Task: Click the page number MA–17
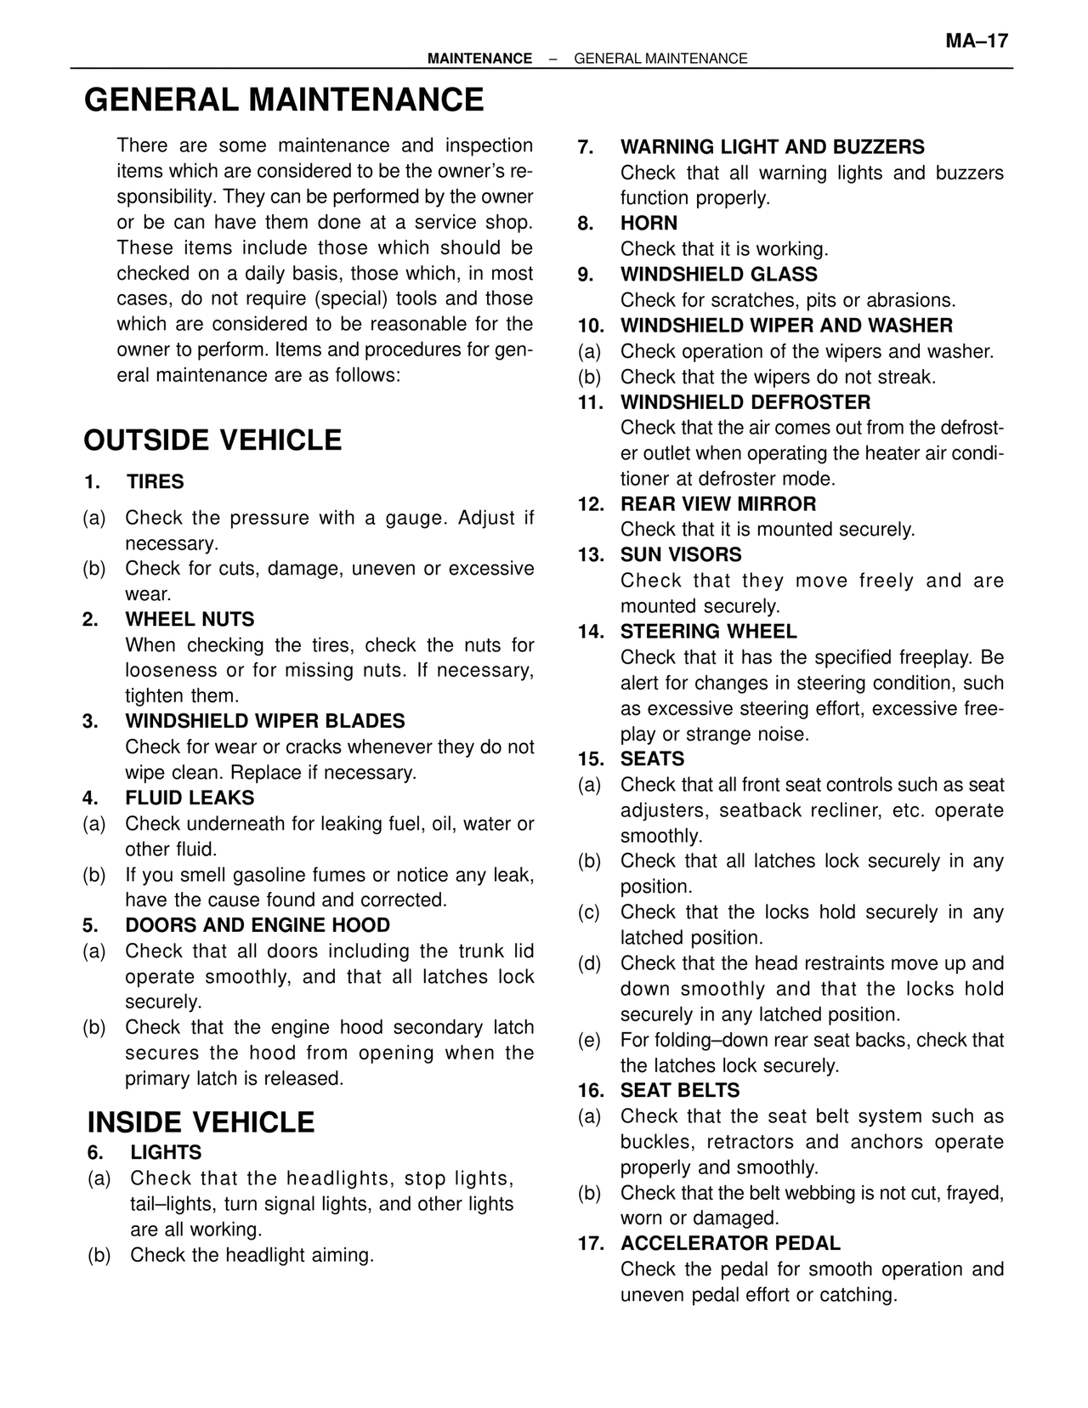977,41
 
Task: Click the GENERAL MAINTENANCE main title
284,99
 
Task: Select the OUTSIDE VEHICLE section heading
212,440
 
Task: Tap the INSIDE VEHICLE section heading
201,1122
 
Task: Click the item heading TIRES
156,482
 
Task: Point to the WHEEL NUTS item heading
190,619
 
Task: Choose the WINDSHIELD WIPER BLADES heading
265,721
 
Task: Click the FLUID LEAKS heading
190,798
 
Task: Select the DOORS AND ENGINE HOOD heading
258,925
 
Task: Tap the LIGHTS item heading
166,1153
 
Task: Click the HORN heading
649,224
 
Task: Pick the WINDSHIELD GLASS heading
718,275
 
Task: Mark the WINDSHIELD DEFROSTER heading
745,402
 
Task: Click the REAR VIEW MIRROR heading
718,504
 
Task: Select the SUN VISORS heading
681,555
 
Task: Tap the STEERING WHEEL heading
709,632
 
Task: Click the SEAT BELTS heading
680,1091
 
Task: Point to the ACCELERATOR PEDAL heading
730,1244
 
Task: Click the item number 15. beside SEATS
591,759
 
